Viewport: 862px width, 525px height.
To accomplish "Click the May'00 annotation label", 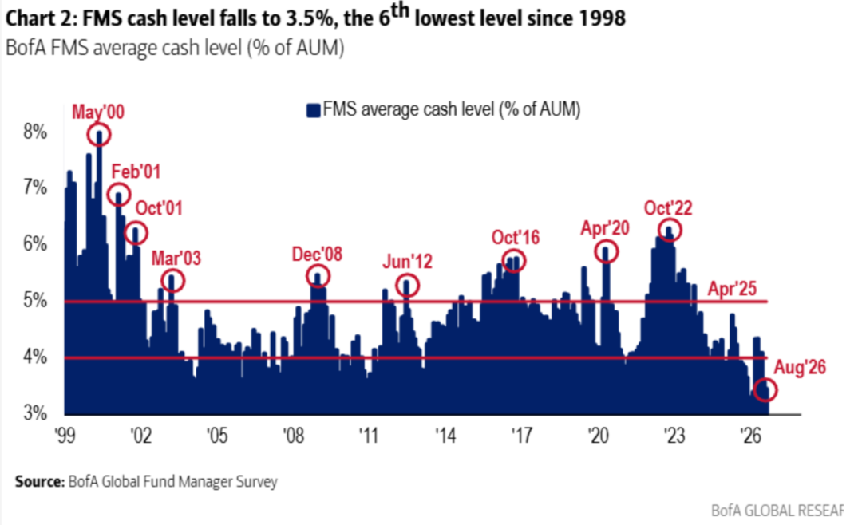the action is point(98,112).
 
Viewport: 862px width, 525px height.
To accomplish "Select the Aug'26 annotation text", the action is point(800,367).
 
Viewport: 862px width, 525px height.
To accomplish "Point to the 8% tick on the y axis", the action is point(34,132).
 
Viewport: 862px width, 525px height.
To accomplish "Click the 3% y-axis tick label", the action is point(34,412).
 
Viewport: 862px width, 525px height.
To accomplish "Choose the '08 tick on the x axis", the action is point(293,436).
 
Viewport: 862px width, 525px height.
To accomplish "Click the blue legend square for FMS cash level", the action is point(314,110).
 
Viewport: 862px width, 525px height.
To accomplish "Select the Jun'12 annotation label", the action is point(407,261).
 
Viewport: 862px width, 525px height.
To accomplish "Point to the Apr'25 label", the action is point(732,289).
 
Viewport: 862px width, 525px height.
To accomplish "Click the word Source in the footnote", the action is point(40,482).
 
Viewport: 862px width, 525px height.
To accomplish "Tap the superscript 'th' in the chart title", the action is point(400,10).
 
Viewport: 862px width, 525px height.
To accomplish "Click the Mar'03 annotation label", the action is point(176,258).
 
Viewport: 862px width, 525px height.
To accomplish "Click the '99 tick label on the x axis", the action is point(65,436).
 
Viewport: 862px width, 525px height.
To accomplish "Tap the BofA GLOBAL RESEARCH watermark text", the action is point(777,511).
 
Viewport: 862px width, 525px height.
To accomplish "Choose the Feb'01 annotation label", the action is point(136,172).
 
